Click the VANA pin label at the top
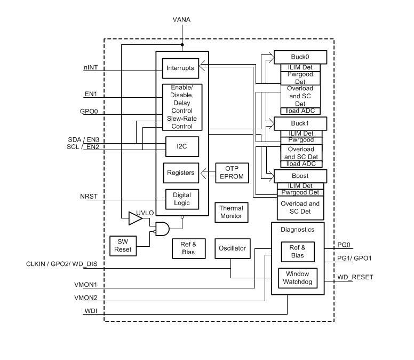181,20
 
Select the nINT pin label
90,68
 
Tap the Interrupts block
180,68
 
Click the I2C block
180,145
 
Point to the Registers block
180,173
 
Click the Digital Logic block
181,199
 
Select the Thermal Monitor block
231,212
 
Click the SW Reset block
123,245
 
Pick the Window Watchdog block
298,278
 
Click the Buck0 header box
300,57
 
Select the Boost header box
300,176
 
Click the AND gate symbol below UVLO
162,229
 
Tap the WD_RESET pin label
355,277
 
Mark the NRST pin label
89,197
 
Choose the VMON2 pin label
85,297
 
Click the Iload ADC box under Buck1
300,164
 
